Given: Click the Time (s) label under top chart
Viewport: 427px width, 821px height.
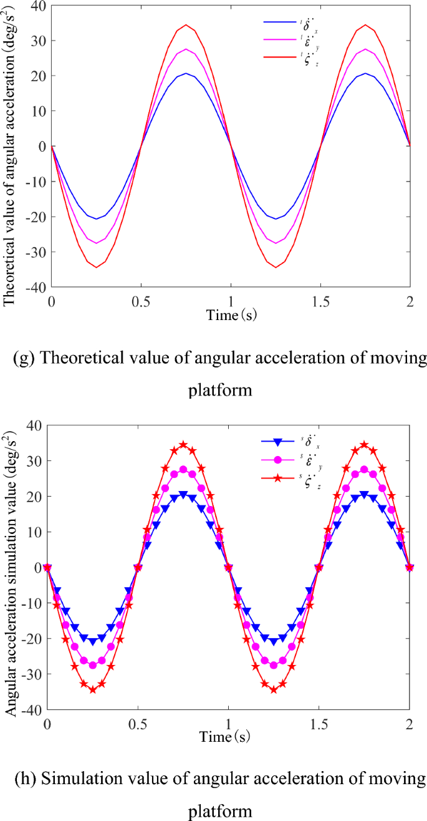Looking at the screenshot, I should (231, 315).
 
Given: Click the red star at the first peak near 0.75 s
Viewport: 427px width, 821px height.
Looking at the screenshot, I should (183, 445).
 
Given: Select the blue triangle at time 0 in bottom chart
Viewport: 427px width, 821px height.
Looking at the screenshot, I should (47, 567).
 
